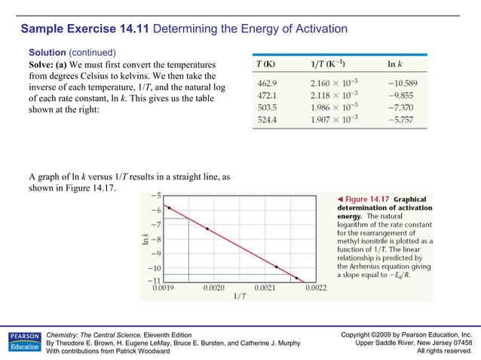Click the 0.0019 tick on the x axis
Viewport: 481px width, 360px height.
[x=165, y=288]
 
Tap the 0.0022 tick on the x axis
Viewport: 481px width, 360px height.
[x=314, y=288]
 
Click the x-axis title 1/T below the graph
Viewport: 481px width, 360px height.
[x=237, y=296]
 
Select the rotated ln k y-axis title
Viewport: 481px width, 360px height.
[x=146, y=239]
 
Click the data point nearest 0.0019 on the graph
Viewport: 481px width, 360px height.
[x=169, y=207]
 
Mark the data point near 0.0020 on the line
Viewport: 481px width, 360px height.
[x=208, y=229]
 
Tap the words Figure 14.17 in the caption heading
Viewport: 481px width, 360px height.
[x=368, y=199]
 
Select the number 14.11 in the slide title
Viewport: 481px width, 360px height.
[x=136, y=29]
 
